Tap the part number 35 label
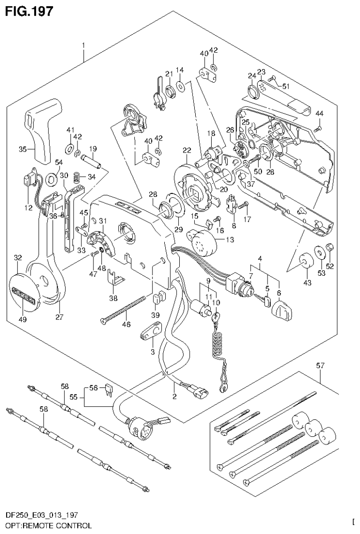pos(22,149)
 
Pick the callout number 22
pos(187,150)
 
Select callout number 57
pos(319,365)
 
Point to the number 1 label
pos(83,45)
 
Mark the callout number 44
pos(320,113)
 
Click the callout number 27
pos(59,317)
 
